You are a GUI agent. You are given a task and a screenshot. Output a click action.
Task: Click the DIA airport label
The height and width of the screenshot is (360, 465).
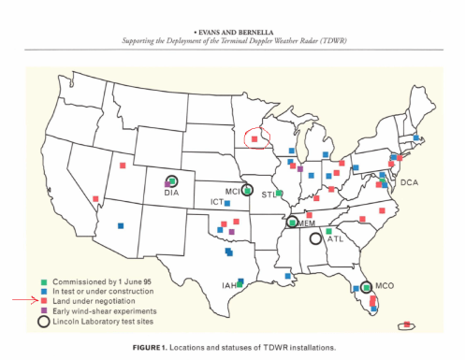pyautogui.click(x=170, y=193)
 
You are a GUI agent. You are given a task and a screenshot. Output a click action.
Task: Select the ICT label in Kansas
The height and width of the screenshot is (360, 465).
pyautogui.click(x=216, y=202)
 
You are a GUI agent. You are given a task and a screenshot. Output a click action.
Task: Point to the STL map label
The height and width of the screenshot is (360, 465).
pyautogui.click(x=269, y=194)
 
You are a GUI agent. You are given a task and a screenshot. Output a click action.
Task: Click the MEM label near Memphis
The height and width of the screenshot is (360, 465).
pyautogui.click(x=307, y=224)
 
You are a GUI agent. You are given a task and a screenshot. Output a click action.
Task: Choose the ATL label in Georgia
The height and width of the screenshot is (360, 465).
pyautogui.click(x=335, y=239)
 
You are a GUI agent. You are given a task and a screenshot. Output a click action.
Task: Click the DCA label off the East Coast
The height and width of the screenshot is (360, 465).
pyautogui.click(x=408, y=182)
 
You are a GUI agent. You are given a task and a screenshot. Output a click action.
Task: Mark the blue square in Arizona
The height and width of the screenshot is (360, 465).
pyautogui.click(x=120, y=224)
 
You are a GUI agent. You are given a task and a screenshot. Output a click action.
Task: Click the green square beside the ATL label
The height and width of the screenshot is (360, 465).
pyautogui.click(x=328, y=231)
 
